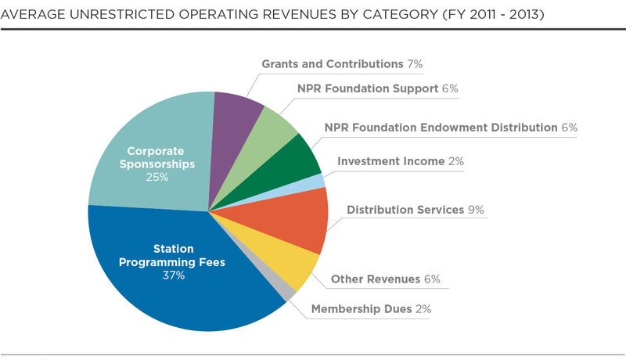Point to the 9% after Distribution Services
pos(477,211)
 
